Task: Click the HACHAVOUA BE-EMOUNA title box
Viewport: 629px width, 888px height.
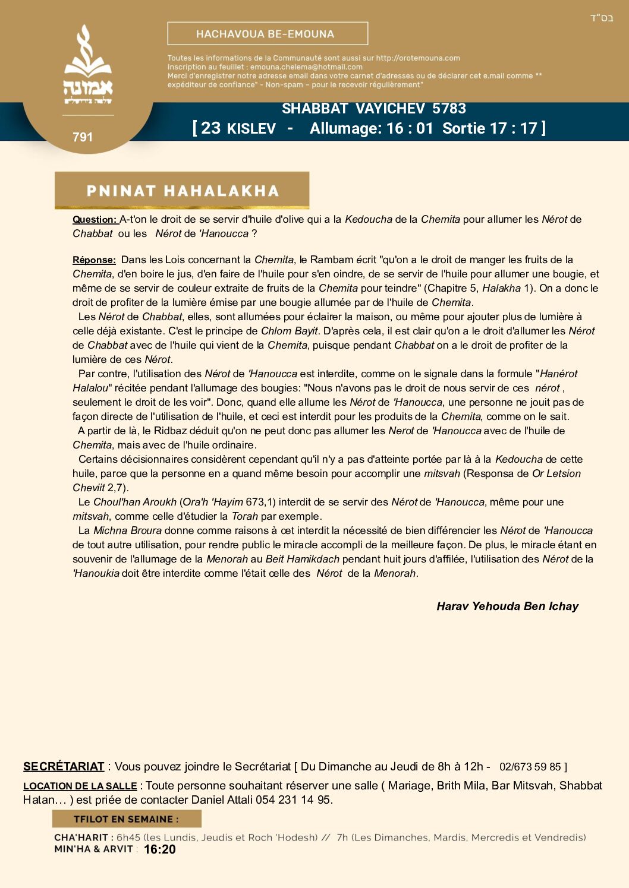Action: pyautogui.click(x=268, y=34)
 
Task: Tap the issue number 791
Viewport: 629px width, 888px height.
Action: pyautogui.click(x=83, y=137)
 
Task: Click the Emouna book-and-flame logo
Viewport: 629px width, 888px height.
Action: pyautogui.click(x=88, y=65)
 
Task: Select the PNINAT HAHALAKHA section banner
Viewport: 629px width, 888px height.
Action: pyautogui.click(x=182, y=191)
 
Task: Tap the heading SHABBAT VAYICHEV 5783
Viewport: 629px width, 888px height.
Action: pyautogui.click(x=373, y=109)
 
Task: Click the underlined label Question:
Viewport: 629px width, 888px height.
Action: pyautogui.click(x=95, y=220)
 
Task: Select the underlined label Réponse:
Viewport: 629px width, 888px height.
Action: pyautogui.click(x=94, y=260)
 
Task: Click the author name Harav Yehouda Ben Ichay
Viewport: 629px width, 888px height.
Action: pyautogui.click(x=507, y=606)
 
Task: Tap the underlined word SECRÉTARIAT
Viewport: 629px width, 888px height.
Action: pyautogui.click(x=64, y=767)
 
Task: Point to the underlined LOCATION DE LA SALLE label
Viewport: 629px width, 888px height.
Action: pyautogui.click(x=80, y=786)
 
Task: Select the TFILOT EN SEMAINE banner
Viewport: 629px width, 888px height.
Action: pyautogui.click(x=126, y=819)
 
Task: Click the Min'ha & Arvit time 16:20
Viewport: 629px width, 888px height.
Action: pyautogui.click(x=160, y=849)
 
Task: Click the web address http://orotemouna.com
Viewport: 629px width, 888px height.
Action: pyautogui.click(x=418, y=58)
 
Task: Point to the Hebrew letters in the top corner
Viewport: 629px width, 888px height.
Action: pyautogui.click(x=602, y=18)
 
